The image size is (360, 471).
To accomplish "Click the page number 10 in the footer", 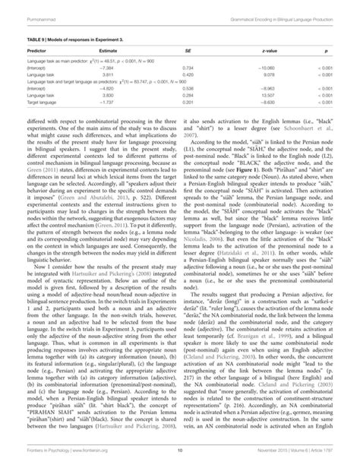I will (x=180, y=460).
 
